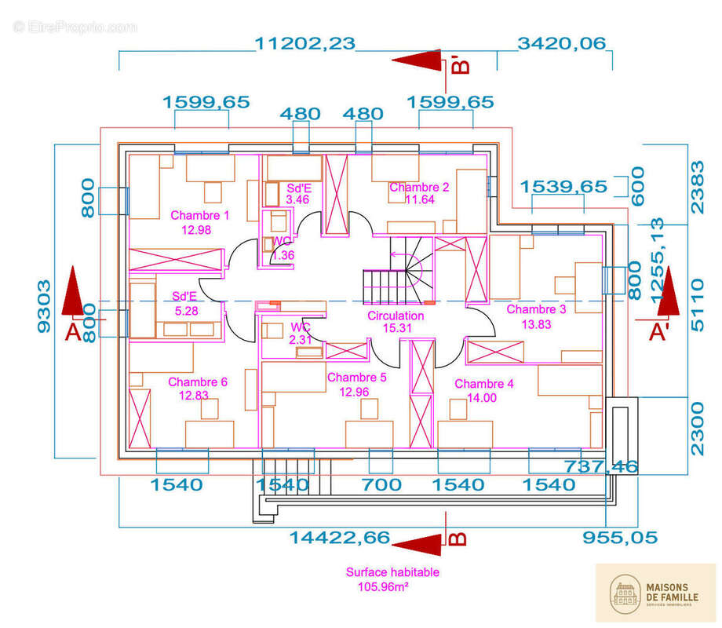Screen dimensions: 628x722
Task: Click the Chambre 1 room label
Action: tap(200, 215)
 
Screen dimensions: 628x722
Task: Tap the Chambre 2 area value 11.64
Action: tap(419, 200)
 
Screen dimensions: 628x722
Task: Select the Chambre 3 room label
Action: tap(536, 309)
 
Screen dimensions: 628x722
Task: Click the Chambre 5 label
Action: tap(357, 378)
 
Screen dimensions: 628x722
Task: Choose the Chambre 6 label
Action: tap(198, 382)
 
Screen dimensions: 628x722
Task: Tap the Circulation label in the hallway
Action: tap(396, 316)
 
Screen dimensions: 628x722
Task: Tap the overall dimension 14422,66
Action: tap(339, 538)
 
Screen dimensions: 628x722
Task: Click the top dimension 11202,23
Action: tap(305, 44)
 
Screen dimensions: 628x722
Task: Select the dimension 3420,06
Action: tap(562, 44)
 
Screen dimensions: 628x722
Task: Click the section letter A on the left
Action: tap(72, 333)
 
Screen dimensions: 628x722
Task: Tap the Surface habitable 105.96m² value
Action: tap(381, 586)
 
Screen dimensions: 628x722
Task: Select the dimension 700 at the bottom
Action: tap(381, 484)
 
